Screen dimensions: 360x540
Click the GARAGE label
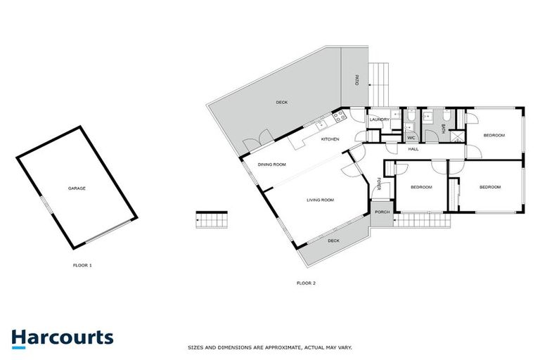[77, 188]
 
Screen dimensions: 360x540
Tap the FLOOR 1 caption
[82, 265]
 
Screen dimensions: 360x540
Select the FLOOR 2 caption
[306, 283]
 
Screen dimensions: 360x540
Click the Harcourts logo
[62, 337]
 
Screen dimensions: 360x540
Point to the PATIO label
[356, 82]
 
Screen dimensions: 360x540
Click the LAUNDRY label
[380, 120]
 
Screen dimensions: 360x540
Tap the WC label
[411, 138]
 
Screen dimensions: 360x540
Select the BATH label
[443, 128]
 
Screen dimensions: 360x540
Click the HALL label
[413, 149]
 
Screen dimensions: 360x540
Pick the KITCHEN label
[330, 139]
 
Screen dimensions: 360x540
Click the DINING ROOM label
[271, 165]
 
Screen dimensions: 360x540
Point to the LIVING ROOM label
[320, 200]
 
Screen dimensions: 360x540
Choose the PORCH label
[382, 212]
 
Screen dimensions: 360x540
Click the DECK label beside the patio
[281, 103]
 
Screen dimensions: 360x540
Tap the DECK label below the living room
[333, 240]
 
